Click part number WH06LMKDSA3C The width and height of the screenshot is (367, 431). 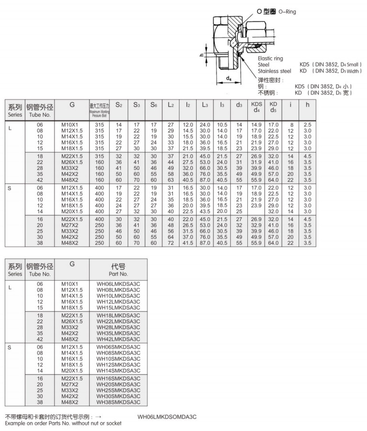click(x=118, y=284)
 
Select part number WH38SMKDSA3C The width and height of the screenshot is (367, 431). click(x=118, y=402)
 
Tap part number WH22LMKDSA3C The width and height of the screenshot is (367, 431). click(x=118, y=321)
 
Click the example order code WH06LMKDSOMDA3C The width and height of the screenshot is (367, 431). click(x=167, y=417)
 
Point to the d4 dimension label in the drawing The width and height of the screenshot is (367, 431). click(x=229, y=78)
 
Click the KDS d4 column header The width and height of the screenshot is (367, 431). click(x=256, y=108)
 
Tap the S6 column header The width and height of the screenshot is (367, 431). click(x=154, y=105)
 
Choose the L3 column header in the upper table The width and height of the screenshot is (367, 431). click(x=205, y=105)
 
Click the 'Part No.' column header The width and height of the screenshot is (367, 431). click(x=118, y=270)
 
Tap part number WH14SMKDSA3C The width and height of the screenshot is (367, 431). click(x=118, y=370)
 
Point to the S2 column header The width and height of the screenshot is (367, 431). click(x=119, y=105)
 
